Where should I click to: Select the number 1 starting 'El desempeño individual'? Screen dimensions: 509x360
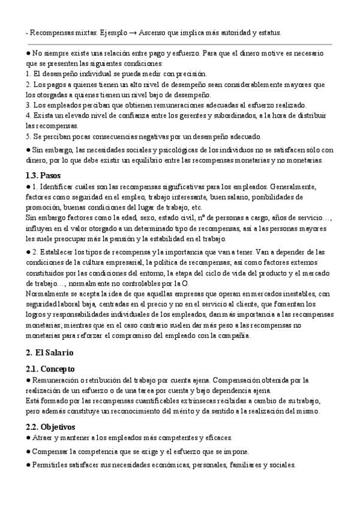click(28, 74)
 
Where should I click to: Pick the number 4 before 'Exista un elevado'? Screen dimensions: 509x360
click(28, 115)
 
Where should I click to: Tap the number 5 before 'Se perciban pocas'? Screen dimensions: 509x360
click(28, 136)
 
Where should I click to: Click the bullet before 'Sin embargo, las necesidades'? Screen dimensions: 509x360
click(28, 150)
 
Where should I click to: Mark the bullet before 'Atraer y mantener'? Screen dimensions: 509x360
click(28, 438)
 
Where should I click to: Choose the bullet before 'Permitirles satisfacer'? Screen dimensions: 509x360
click(28, 465)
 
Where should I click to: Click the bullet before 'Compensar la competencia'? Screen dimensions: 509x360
click(28, 451)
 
